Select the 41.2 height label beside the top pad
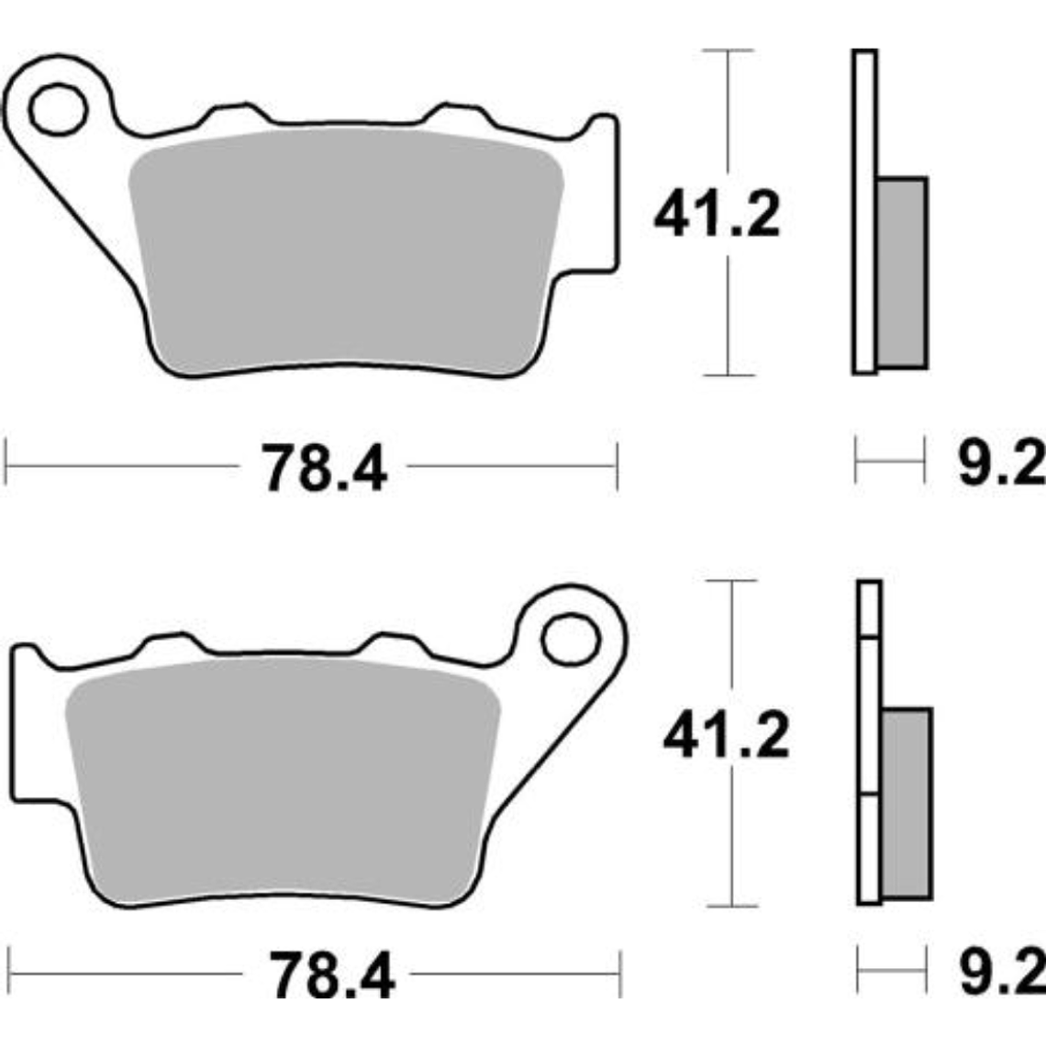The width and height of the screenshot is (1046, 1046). pyautogui.click(x=717, y=216)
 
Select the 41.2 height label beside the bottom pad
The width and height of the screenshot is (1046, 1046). pyautogui.click(x=726, y=736)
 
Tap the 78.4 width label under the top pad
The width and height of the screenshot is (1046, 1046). pyautogui.click(x=324, y=467)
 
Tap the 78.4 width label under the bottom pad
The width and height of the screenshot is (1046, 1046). pyautogui.click(x=331, y=976)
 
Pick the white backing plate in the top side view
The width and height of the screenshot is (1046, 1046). pyautogui.click(x=863, y=211)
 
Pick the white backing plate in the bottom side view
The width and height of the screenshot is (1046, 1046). pyautogui.click(x=869, y=743)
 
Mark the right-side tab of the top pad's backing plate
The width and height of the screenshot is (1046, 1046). pyautogui.click(x=602, y=197)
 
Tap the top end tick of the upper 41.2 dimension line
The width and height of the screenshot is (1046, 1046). pyautogui.click(x=728, y=50)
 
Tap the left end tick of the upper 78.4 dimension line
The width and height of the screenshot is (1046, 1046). pyautogui.click(x=7, y=466)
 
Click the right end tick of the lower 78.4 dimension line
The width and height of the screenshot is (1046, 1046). pyautogui.click(x=621, y=974)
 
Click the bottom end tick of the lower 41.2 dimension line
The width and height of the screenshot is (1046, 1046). pyautogui.click(x=732, y=906)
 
